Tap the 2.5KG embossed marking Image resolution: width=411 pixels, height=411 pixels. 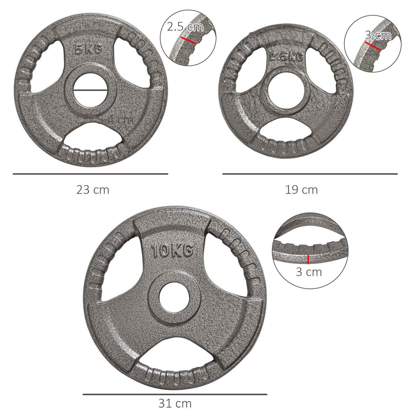point(286,57)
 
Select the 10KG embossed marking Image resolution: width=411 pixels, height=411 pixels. point(172,251)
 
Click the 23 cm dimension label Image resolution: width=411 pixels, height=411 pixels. point(93,190)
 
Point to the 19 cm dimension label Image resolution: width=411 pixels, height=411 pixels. point(301,190)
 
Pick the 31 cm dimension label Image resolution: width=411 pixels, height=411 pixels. point(175,403)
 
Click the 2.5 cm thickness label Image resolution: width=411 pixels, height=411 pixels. point(185,27)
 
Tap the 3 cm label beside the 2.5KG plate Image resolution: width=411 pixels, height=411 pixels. point(378,35)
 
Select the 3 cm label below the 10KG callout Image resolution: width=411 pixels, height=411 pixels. point(309,272)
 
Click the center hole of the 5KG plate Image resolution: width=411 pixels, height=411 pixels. point(90,90)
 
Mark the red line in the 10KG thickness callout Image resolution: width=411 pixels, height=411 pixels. point(308,259)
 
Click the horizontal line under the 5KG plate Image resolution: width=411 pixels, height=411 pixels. point(90,174)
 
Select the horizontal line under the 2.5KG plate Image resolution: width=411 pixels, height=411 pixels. point(310,174)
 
